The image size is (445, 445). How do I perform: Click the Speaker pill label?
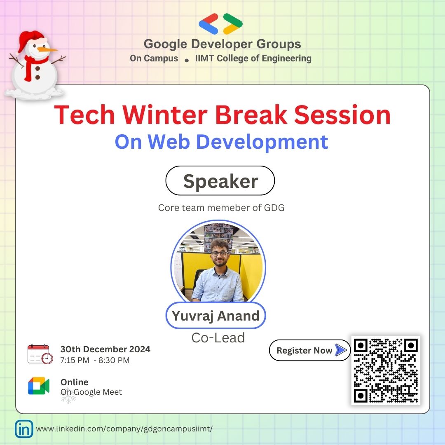click(x=220, y=181)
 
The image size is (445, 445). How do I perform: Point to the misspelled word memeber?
click(x=234, y=208)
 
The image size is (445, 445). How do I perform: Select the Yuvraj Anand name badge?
click(x=215, y=316)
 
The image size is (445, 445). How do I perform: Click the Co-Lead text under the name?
click(x=218, y=338)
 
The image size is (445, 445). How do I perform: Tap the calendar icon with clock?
click(x=40, y=354)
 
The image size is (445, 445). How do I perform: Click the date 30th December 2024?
click(x=105, y=349)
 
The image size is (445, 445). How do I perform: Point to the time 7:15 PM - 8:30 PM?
click(x=95, y=360)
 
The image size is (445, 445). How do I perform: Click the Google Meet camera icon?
click(x=39, y=386)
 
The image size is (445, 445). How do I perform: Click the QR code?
click(x=386, y=370)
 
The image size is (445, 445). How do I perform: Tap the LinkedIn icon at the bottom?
click(x=24, y=429)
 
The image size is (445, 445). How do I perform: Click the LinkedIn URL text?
click(x=124, y=429)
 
